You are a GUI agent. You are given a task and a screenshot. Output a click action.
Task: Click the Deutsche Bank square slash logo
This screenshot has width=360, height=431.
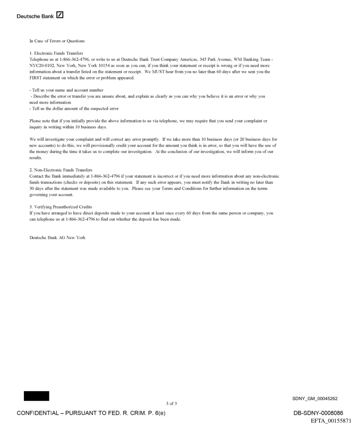coord(60,16)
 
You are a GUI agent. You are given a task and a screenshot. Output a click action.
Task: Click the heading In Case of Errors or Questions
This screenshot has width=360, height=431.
coord(57,41)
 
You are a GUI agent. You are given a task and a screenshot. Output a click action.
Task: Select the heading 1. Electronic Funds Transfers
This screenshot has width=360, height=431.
coord(56,52)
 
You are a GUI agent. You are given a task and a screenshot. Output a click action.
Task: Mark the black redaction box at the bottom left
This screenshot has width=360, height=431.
coord(37,396)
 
